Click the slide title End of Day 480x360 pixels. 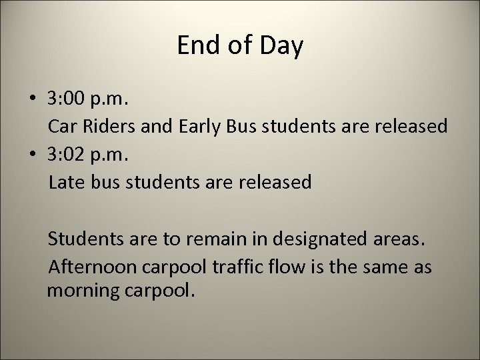pyautogui.click(x=240, y=46)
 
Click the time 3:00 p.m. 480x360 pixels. pyautogui.click(x=90, y=100)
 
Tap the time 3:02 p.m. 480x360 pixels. pyautogui.click(x=90, y=155)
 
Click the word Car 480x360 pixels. pyautogui.click(x=63, y=127)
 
